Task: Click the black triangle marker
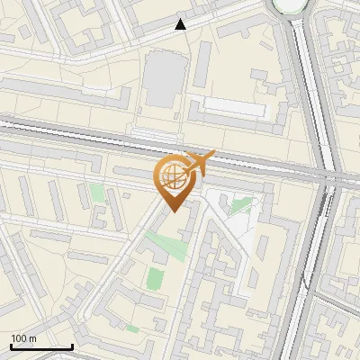click(181, 24)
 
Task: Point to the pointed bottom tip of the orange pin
click(171, 211)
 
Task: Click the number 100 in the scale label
click(19, 338)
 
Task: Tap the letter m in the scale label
click(32, 338)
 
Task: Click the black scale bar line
click(41, 346)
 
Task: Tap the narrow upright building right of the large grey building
click(203, 64)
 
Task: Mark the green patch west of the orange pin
click(96, 193)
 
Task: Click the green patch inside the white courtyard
click(240, 205)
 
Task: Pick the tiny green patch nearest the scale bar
click(132, 329)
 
